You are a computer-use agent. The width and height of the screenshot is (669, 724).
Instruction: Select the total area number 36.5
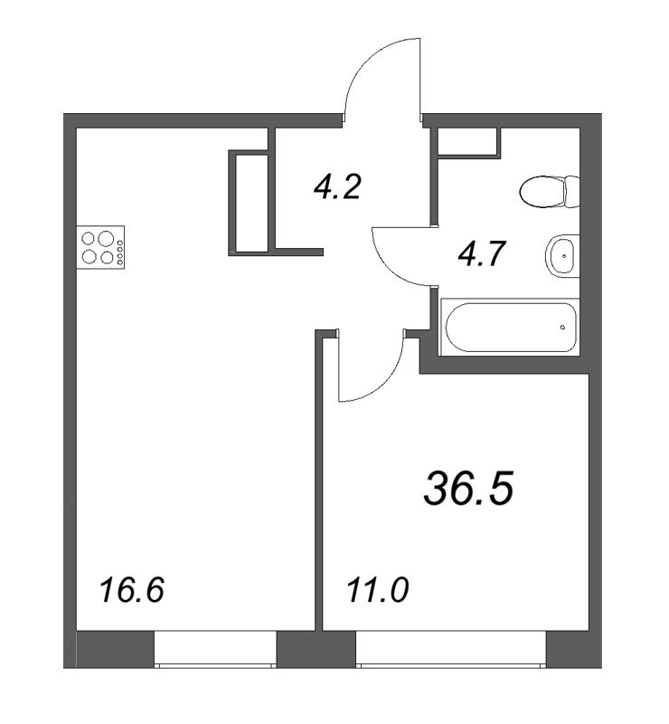[468, 489]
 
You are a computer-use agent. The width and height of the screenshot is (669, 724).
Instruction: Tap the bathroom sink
[562, 256]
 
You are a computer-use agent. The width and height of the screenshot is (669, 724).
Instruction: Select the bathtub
[508, 328]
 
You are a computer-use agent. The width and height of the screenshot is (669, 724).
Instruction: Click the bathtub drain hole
[561, 328]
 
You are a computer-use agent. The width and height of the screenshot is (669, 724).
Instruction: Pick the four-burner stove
[102, 247]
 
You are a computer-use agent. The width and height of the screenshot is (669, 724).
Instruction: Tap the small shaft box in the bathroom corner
[467, 141]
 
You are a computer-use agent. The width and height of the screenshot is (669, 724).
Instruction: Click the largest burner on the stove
[106, 240]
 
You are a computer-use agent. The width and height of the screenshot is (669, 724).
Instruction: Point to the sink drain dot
[565, 256]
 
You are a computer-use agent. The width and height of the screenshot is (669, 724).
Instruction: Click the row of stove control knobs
[121, 248]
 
